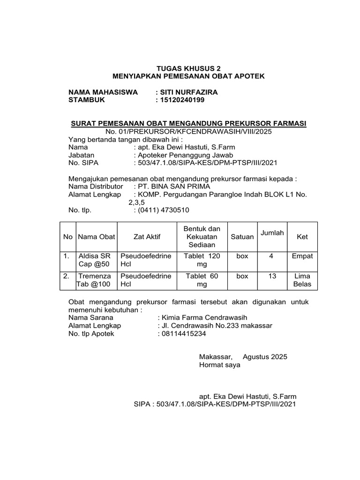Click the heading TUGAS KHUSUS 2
[x=180, y=68]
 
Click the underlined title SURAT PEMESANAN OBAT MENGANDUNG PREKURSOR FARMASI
[x=188, y=123]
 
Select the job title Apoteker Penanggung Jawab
[x=185, y=155]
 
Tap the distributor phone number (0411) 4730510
[x=164, y=210]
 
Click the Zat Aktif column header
[x=147, y=237]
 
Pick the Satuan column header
[x=242, y=237]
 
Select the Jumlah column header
[x=272, y=233]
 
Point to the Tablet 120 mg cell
[x=202, y=261]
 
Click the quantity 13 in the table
[x=272, y=277]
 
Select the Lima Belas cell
[x=302, y=280]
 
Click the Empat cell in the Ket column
[x=302, y=256]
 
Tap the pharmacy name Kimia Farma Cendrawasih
[x=203, y=317]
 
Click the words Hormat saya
[x=219, y=365]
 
